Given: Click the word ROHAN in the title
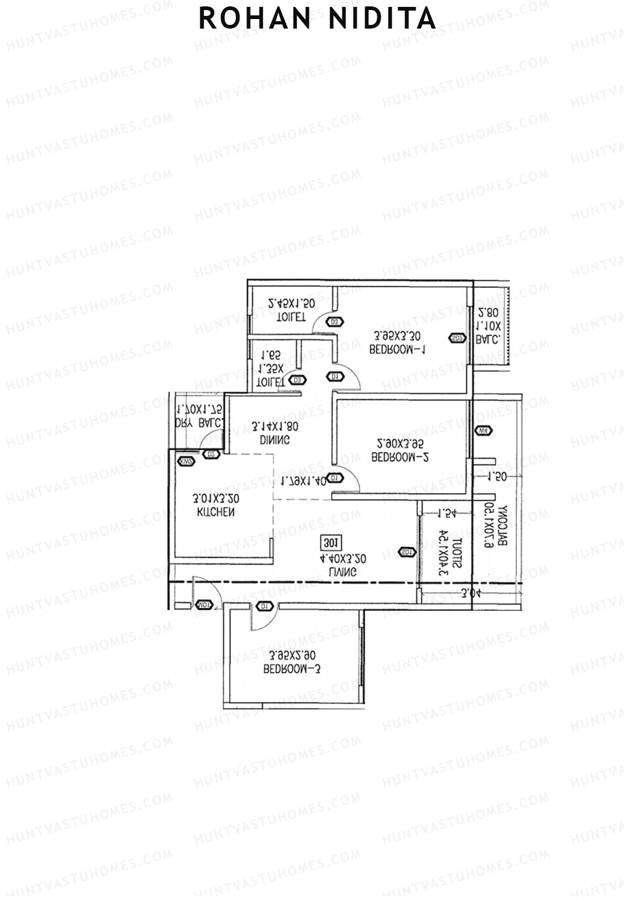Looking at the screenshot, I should tap(254, 19).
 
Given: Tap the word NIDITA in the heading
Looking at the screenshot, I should tap(382, 19).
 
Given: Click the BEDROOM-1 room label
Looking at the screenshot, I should tap(397, 350).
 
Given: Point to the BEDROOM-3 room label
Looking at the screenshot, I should tap(292, 669).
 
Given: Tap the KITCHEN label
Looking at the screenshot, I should tap(216, 512).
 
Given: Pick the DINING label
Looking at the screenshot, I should tap(275, 440).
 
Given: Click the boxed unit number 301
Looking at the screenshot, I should tap(331, 543).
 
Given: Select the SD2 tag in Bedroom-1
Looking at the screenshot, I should tap(457, 338).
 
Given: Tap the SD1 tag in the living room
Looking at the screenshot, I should tap(407, 552).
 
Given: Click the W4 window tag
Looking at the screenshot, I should tap(483, 431).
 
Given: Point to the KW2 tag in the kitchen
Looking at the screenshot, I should tap(187, 461).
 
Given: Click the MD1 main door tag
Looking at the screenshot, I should tap(204, 605).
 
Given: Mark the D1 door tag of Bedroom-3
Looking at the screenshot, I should tap(264, 606).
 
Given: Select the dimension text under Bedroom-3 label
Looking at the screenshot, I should tap(292, 655).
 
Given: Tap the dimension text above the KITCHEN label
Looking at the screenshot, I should tap(216, 499).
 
